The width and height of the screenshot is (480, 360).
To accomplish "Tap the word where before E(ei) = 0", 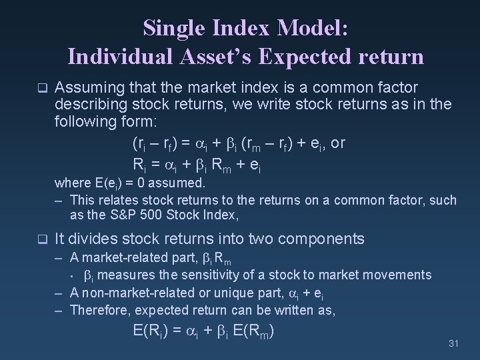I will coord(70,183).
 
